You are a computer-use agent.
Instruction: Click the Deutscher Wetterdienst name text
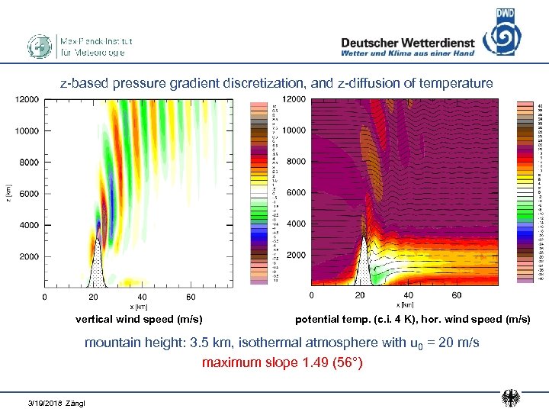[407, 43]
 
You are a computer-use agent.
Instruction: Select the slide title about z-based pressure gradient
[277, 83]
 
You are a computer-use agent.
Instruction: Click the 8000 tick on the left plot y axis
[27, 163]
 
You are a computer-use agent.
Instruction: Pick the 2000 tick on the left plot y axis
[27, 257]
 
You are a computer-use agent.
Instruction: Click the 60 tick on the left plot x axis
[191, 297]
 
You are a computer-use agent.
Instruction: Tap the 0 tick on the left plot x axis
[44, 297]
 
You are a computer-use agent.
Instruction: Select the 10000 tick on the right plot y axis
[294, 130]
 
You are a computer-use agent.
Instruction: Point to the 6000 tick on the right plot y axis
[296, 193]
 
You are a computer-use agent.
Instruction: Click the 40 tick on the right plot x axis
[408, 295]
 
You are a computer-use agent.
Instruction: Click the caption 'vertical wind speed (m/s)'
[138, 319]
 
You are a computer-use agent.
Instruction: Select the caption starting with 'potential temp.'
[413, 319]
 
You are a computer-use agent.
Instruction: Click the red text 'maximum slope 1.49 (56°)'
[282, 362]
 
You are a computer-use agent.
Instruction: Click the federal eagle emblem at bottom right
[512, 398]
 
